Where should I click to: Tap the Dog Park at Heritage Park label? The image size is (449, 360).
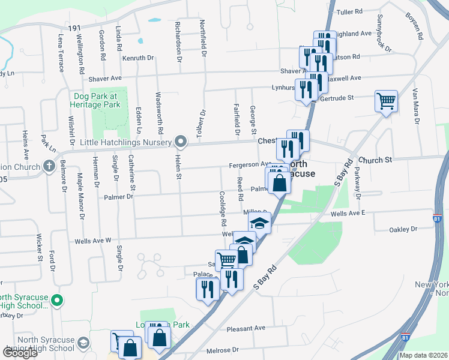97,100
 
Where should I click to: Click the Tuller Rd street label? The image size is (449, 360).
351,11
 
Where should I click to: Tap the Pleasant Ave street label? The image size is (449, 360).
246,328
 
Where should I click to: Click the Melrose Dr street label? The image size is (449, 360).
223,349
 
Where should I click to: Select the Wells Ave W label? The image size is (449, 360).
93,241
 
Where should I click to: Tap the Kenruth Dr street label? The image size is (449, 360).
139,58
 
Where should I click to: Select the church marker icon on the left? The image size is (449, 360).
49,166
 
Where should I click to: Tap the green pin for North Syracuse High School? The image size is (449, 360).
57,299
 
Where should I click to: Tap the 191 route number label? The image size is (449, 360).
74,29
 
